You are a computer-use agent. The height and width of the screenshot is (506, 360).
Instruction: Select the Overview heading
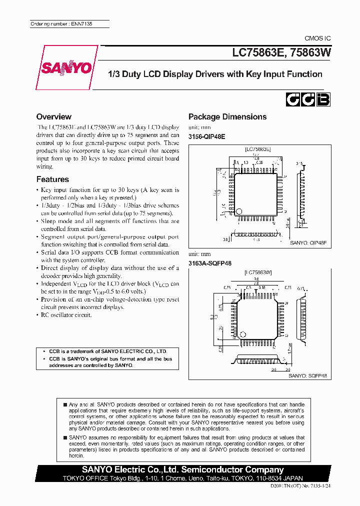pyautogui.click(x=54, y=116)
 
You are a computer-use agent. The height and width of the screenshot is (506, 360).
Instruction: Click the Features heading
pyautogui.click(x=52, y=179)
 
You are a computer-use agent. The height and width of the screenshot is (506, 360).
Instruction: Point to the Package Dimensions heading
pyautogui.click(x=227, y=116)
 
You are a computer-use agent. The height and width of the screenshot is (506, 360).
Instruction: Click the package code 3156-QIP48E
pyautogui.click(x=206, y=136)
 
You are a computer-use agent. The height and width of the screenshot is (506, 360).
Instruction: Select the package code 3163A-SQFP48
pyautogui.click(x=210, y=263)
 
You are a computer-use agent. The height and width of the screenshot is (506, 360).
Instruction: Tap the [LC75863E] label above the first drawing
pyautogui.click(x=258, y=149)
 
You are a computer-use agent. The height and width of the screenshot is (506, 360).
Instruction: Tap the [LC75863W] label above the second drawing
pyautogui.click(x=258, y=272)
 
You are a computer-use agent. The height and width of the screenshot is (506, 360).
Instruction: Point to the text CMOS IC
pyautogui.click(x=317, y=38)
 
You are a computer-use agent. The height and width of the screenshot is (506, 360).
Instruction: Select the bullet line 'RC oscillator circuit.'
pyautogui.click(x=66, y=315)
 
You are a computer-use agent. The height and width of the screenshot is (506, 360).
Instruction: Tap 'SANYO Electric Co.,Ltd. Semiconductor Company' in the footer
pyautogui.click(x=183, y=469)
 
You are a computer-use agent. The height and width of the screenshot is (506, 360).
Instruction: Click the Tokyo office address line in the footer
pyautogui.click(x=182, y=478)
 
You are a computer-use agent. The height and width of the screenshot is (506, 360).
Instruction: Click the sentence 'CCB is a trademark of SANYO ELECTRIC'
pyautogui.click(x=107, y=351)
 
